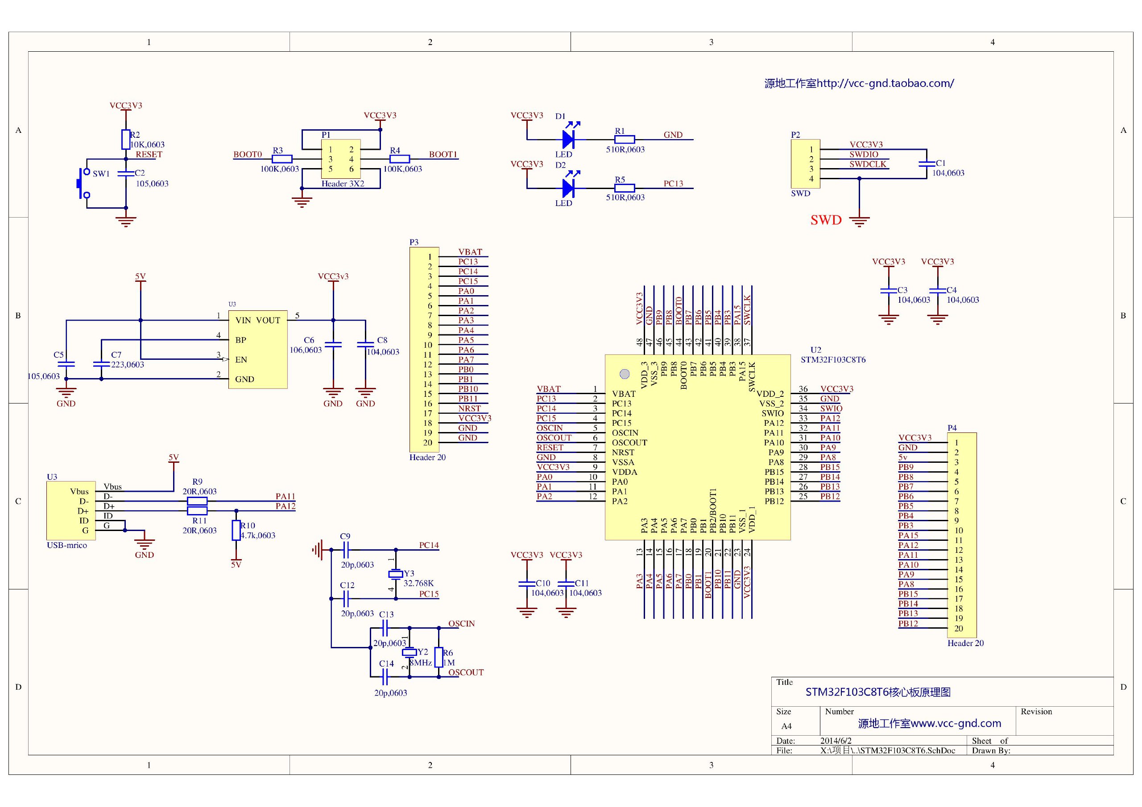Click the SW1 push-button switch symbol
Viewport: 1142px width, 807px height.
(x=83, y=184)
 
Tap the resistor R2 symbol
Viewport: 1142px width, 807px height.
(x=126, y=140)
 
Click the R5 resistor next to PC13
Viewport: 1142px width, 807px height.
(x=625, y=189)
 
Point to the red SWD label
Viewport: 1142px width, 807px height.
(x=826, y=220)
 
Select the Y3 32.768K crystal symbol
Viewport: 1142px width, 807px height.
(x=395, y=574)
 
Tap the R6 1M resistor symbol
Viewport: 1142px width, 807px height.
(x=438, y=657)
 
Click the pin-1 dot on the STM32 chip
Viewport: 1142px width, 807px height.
(x=625, y=374)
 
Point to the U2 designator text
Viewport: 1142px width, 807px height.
(x=816, y=350)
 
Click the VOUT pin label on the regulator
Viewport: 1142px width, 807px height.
(x=268, y=320)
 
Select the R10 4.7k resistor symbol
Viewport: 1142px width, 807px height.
(x=236, y=530)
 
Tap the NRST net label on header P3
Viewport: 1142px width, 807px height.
(x=470, y=408)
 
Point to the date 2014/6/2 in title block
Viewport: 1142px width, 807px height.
(x=836, y=741)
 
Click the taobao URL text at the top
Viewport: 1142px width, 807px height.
(x=859, y=83)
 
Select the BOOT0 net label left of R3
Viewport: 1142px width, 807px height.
(x=248, y=154)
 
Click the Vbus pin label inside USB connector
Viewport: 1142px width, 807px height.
(x=79, y=491)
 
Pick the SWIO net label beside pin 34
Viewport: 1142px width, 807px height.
(x=831, y=408)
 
